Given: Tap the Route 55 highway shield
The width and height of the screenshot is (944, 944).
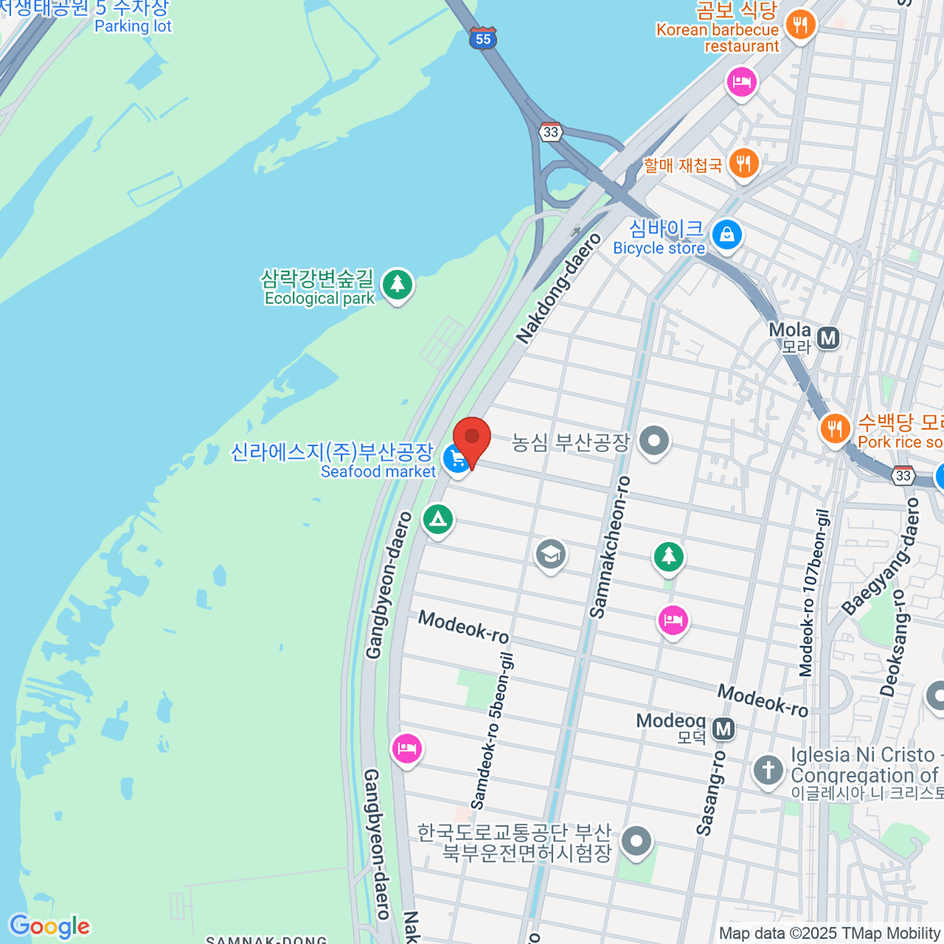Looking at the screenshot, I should click(482, 39).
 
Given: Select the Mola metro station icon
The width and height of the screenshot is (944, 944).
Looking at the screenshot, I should click(828, 338).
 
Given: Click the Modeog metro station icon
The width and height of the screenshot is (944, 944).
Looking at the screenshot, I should click(724, 729).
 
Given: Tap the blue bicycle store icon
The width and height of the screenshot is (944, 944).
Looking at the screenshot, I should click(727, 234).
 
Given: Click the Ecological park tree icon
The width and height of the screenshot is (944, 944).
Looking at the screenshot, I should click(397, 283).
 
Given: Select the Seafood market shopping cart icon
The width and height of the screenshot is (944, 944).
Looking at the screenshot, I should click(455, 459).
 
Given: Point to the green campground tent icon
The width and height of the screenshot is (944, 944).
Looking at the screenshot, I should click(437, 519).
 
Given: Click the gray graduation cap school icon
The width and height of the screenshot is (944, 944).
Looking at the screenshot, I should click(550, 554).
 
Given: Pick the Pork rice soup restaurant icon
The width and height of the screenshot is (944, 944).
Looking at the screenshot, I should click(835, 429).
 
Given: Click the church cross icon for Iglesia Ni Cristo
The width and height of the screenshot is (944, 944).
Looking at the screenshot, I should click(768, 769).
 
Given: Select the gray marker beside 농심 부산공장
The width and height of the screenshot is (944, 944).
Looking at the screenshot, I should click(654, 441).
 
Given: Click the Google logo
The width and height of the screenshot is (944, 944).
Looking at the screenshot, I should click(49, 927).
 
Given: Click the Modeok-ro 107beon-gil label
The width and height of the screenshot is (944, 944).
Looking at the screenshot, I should click(814, 593).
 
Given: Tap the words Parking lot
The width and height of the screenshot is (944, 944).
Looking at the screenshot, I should click(133, 26).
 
